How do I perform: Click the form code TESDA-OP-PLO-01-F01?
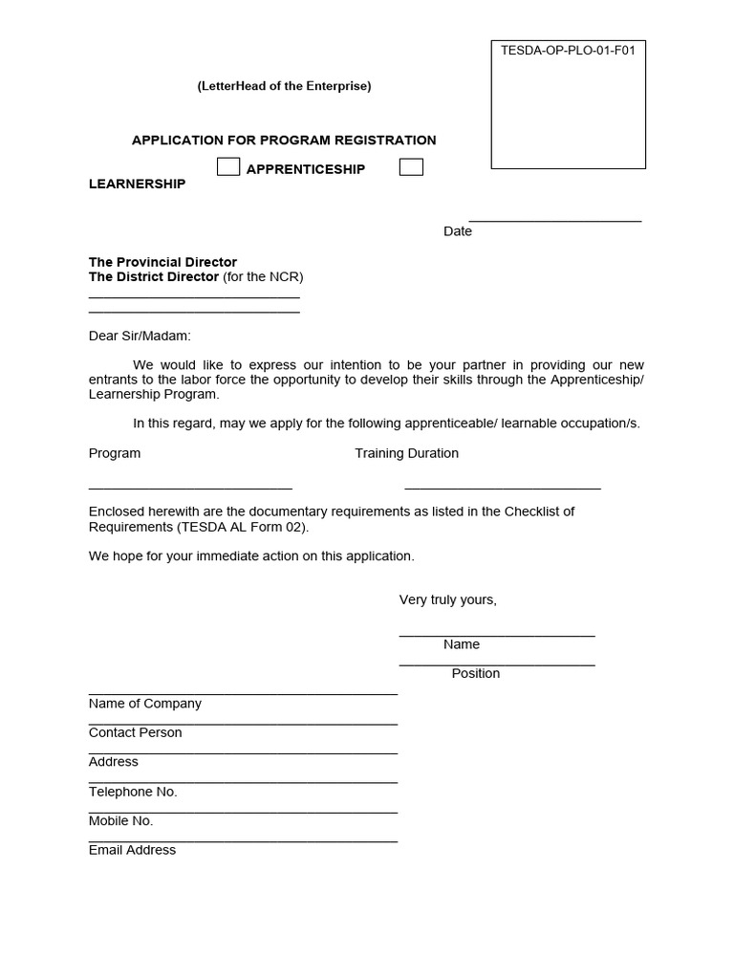click(x=568, y=51)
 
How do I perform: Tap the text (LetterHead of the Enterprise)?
click(x=284, y=86)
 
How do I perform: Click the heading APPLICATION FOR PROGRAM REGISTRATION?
click(x=284, y=141)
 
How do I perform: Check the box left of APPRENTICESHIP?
click(x=228, y=167)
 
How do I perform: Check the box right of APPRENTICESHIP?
click(x=411, y=167)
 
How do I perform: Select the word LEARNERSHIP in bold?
click(x=137, y=184)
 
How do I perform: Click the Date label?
click(x=457, y=231)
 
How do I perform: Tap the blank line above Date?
click(x=554, y=220)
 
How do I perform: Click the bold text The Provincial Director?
click(x=162, y=262)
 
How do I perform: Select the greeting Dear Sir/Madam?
click(x=140, y=336)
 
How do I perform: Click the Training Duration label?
click(x=406, y=453)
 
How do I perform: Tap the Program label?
click(x=115, y=453)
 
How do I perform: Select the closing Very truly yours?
click(x=447, y=599)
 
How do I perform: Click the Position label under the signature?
click(x=475, y=673)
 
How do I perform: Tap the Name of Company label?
click(x=145, y=704)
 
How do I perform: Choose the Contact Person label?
click(x=135, y=732)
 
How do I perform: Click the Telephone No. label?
click(x=133, y=792)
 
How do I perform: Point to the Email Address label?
click(x=132, y=850)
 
